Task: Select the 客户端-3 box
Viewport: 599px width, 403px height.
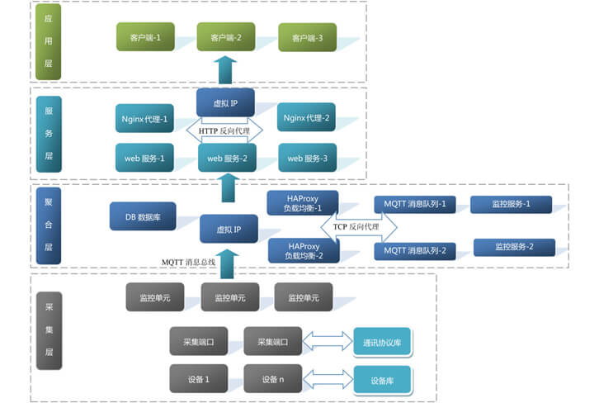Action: [306, 38]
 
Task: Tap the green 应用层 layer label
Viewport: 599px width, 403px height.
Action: [48, 41]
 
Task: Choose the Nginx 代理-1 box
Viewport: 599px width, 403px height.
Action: [144, 119]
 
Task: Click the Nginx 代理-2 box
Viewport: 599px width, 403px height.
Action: [306, 119]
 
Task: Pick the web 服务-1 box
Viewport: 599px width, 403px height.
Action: [144, 158]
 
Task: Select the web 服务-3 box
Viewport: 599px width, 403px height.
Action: [306, 158]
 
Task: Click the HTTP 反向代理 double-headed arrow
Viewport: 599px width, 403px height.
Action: [224, 130]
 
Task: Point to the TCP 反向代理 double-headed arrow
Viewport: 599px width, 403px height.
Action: [355, 226]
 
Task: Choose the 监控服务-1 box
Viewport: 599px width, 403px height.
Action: [511, 204]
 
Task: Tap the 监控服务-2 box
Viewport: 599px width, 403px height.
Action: [513, 247]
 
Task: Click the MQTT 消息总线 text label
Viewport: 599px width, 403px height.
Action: [188, 262]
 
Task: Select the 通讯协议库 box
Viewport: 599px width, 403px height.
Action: [382, 340]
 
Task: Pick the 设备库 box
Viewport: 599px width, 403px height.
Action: [382, 379]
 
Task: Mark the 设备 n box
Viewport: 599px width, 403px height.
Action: [273, 378]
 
